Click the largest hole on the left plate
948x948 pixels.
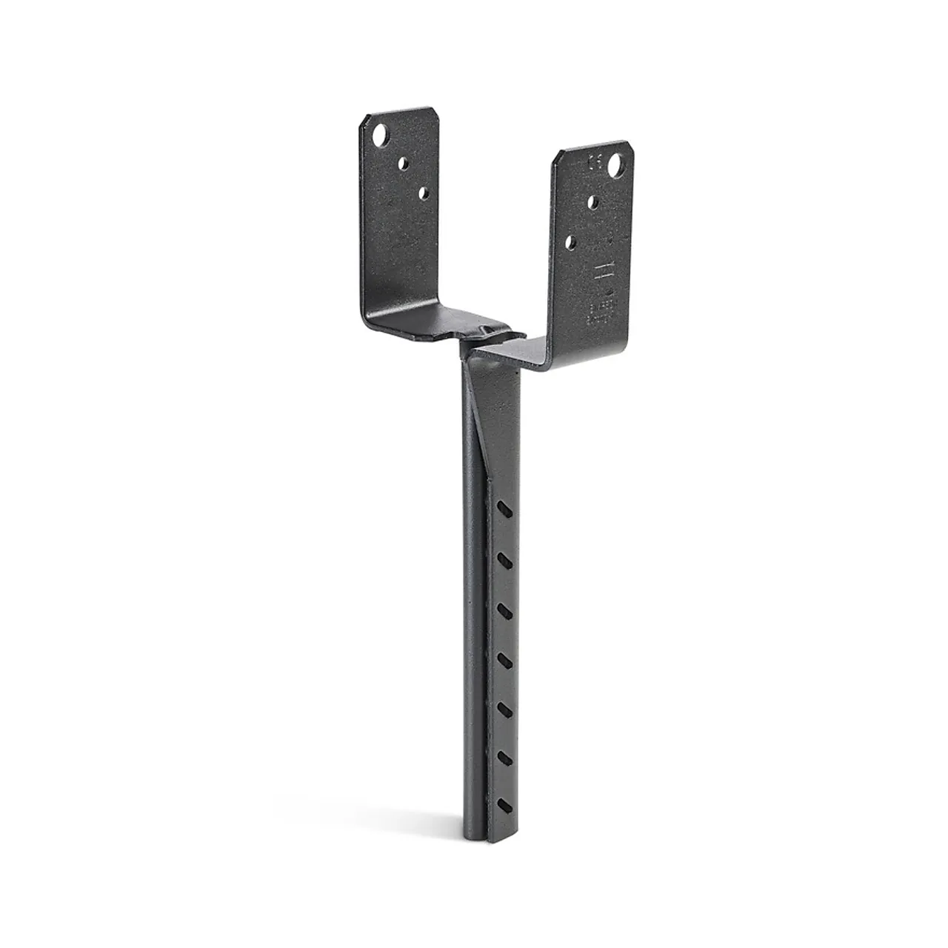381,136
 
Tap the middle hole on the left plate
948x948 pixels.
405,161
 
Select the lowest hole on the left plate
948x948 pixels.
424,193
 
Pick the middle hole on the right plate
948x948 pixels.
593,201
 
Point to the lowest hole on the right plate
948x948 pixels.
571,241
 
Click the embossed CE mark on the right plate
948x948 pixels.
595,162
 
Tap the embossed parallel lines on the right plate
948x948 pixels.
604,270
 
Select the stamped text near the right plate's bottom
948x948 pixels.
601,312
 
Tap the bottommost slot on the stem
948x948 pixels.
505,804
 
